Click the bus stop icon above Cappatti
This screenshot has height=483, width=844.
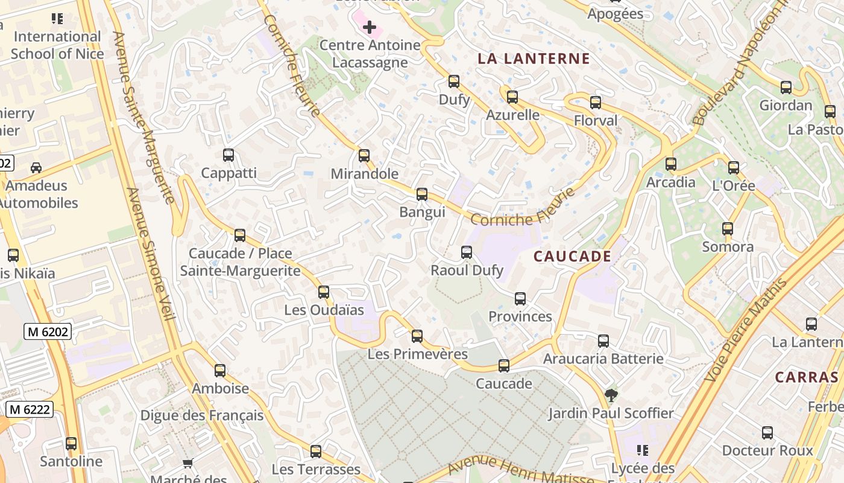[228, 155]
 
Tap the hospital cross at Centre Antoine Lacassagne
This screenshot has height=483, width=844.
[370, 27]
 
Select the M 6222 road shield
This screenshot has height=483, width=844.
[30, 409]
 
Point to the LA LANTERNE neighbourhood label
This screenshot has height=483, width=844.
[534, 59]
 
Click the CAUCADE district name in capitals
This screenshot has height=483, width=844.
[572, 257]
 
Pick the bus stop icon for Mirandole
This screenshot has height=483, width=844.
[364, 156]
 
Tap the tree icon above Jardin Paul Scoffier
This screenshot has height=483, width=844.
[611, 395]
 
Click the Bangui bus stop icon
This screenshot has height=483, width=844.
[422, 194]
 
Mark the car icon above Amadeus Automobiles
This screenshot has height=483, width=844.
[36, 168]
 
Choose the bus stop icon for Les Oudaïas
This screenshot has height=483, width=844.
[324, 292]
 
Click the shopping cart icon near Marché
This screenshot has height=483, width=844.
[187, 464]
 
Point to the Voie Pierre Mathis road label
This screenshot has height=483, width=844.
[746, 329]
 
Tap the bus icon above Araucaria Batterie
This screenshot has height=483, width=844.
[603, 341]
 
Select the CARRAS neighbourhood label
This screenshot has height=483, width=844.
[807, 377]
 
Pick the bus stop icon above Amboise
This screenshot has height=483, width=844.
[220, 371]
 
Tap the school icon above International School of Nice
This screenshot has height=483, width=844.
[57, 19]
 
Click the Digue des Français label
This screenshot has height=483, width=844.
[202, 415]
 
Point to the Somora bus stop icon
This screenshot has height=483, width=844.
[728, 229]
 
